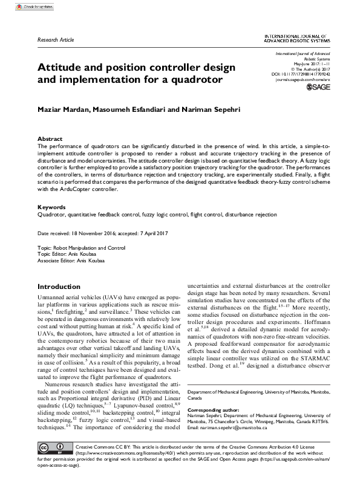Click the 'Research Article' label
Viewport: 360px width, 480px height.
coord(56,39)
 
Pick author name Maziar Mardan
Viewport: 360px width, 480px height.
coord(62,110)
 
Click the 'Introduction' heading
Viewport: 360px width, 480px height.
coord(64,286)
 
